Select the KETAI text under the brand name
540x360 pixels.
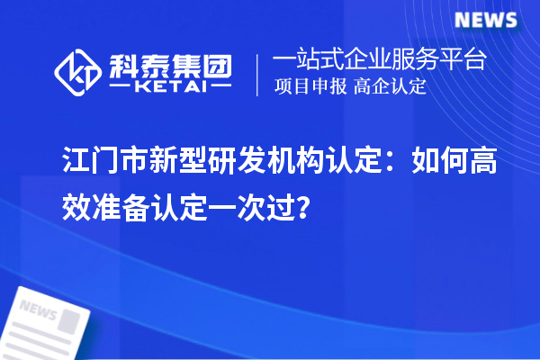tap(168, 88)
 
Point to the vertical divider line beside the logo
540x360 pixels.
tap(258, 74)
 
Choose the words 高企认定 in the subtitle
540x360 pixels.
tap(391, 87)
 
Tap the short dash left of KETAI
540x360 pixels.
tap(121, 88)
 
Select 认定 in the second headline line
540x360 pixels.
tap(187, 209)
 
